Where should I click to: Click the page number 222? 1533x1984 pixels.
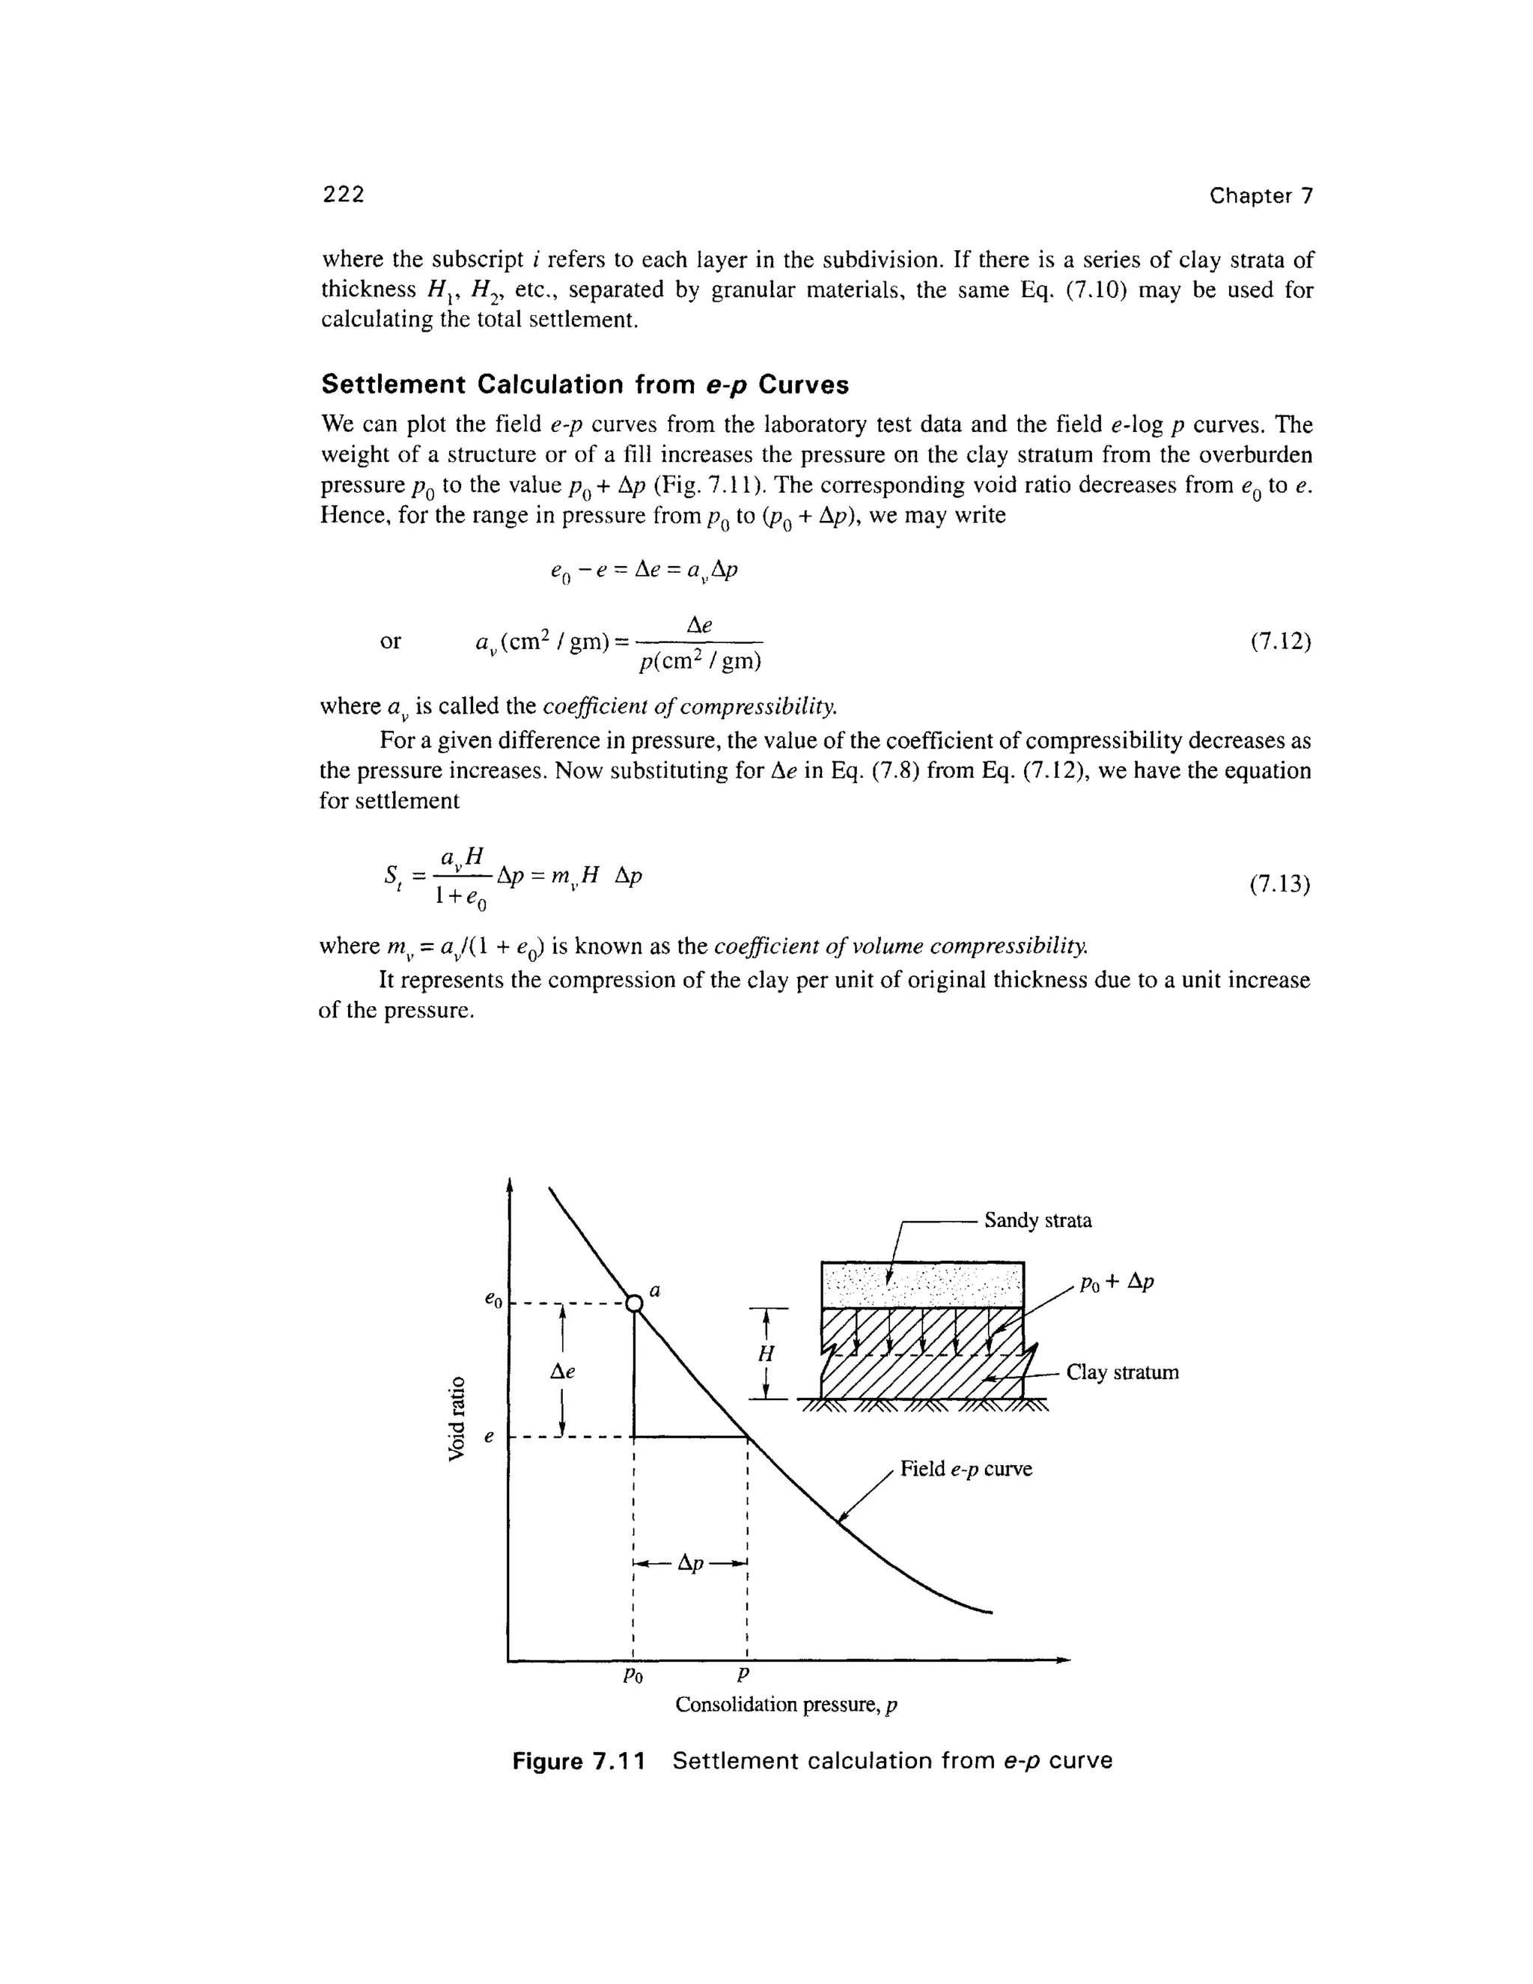344,195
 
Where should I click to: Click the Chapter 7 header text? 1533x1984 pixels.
1261,196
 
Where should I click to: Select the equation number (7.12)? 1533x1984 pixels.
1279,642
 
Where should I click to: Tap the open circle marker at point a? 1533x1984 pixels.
634,1304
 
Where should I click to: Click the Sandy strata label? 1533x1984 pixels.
1037,1220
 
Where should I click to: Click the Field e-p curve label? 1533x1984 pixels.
966,1469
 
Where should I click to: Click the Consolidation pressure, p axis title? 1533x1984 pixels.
785,1705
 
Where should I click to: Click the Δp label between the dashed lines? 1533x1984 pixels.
690,1563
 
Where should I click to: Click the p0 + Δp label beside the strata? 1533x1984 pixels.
1116,1282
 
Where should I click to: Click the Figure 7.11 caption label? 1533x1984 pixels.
579,1762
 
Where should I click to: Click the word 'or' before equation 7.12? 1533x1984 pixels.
391,642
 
